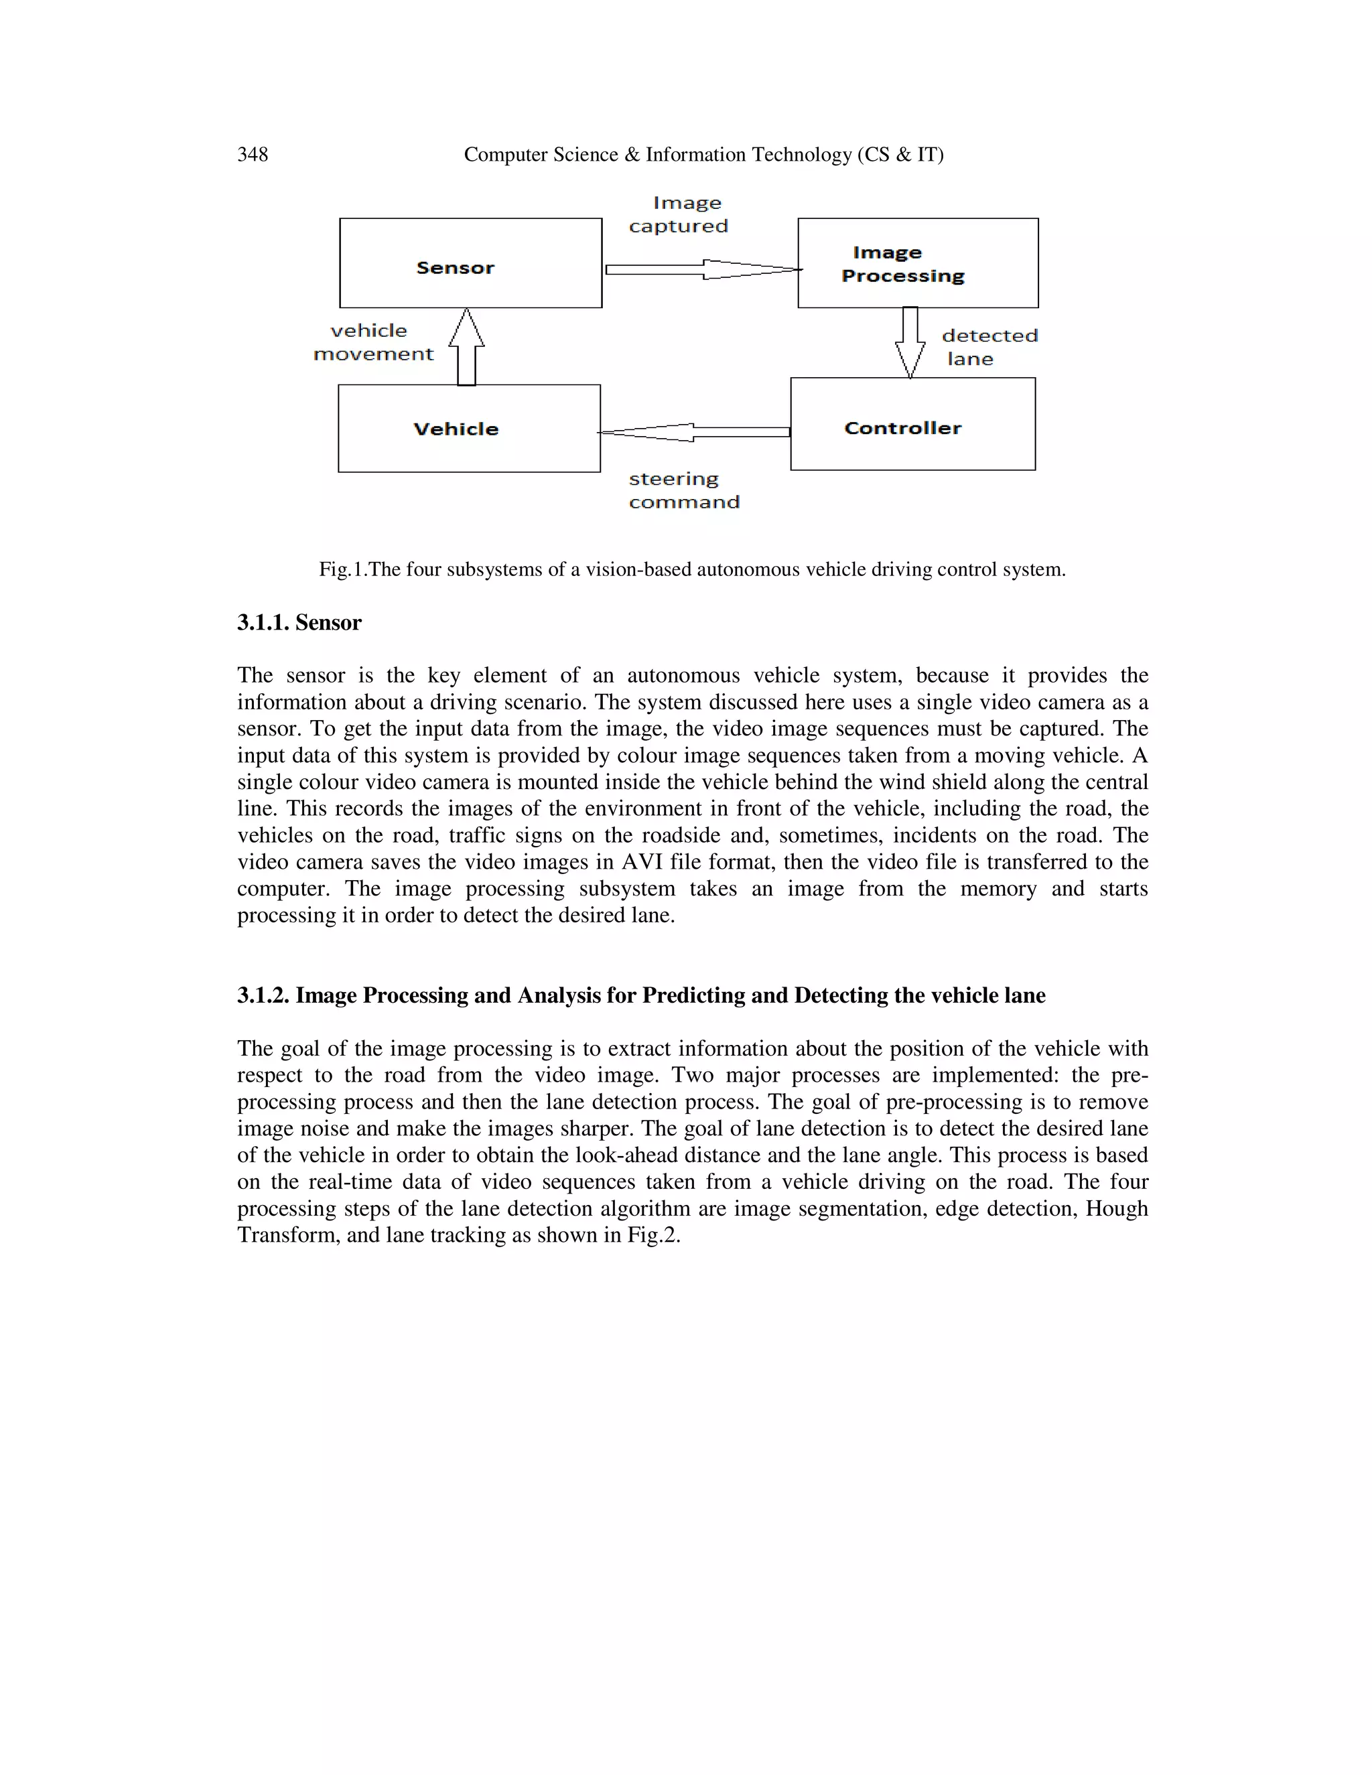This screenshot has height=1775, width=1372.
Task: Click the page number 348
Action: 252,155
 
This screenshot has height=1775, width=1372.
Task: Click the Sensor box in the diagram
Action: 470,263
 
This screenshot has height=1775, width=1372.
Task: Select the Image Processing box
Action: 918,263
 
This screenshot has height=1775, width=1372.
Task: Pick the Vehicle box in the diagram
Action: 469,428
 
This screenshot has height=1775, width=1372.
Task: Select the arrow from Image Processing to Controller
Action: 910,342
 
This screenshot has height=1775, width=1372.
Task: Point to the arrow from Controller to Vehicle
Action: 694,433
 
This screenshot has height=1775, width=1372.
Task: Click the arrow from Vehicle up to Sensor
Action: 466,347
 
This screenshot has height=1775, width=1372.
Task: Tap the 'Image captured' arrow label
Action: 679,214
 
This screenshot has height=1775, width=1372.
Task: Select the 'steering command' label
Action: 683,490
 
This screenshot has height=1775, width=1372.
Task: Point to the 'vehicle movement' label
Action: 374,342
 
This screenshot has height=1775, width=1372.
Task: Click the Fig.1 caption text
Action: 691,570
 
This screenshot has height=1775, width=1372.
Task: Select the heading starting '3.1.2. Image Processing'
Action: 640,995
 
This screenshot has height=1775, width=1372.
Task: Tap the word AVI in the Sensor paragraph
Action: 642,862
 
